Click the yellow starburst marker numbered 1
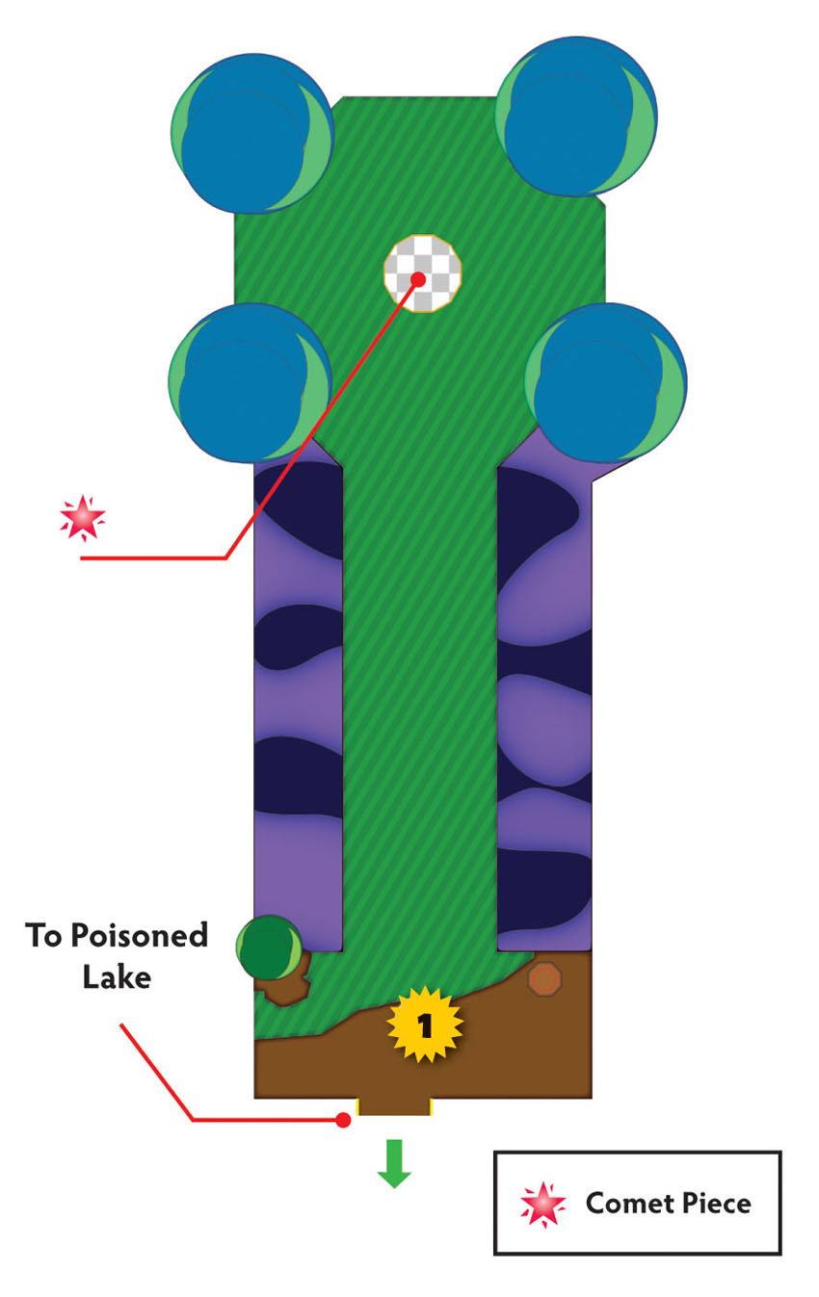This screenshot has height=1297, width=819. click(x=425, y=1025)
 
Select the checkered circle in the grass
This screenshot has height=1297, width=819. click(x=423, y=273)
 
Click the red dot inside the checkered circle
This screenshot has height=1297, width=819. click(x=418, y=279)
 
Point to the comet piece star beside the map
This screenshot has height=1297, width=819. click(x=82, y=518)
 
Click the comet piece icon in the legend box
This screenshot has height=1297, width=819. click(x=542, y=1206)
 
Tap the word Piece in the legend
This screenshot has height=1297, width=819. click(x=717, y=1204)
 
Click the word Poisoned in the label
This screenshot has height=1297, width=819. click(x=139, y=936)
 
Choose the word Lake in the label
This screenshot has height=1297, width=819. click(x=117, y=977)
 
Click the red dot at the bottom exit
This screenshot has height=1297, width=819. click(x=343, y=1120)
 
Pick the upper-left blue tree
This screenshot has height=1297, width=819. click(x=252, y=133)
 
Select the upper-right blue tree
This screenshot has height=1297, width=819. click(x=576, y=117)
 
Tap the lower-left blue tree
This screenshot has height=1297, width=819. click(x=251, y=382)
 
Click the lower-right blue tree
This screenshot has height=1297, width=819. click(x=606, y=382)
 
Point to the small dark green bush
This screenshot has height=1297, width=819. click(x=269, y=947)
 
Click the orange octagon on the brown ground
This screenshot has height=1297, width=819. click(x=545, y=979)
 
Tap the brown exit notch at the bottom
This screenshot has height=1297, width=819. click(x=394, y=1106)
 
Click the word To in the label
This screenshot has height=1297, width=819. click(x=42, y=935)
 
